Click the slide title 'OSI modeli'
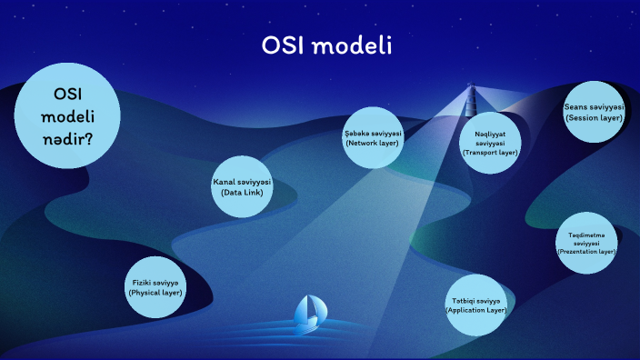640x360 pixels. click(326, 45)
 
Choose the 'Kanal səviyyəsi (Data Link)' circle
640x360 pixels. click(242, 187)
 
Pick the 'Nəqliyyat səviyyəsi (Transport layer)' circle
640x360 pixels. click(490, 144)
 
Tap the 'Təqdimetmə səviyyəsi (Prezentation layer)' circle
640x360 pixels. click(586, 243)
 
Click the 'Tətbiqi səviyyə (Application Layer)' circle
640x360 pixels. click(475, 305)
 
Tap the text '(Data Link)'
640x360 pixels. click(242, 193)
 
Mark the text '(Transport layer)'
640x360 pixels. click(490, 154)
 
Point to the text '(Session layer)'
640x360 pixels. click(594, 117)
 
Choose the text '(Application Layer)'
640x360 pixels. click(475, 310)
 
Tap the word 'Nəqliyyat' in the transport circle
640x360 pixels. click(490, 135)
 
